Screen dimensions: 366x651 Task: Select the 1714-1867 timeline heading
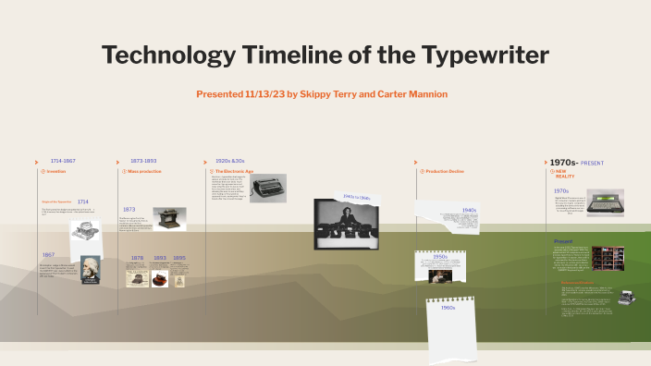click(63, 161)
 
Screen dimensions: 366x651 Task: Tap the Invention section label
click(55, 172)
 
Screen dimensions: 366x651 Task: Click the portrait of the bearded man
click(90, 270)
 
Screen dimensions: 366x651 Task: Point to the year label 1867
click(48, 255)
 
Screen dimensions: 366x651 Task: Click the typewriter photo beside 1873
click(169, 219)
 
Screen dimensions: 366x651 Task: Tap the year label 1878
click(137, 258)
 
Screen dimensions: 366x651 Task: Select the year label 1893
click(159, 258)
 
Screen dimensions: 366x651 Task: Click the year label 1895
click(179, 258)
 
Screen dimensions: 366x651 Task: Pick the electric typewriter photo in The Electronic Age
click(267, 189)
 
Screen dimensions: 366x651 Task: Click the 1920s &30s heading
click(229, 161)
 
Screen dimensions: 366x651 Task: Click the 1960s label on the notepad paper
click(448, 308)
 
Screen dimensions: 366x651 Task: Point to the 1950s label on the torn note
click(440, 257)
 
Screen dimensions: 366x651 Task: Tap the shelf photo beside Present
click(608, 258)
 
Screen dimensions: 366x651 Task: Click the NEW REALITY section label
click(565, 174)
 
